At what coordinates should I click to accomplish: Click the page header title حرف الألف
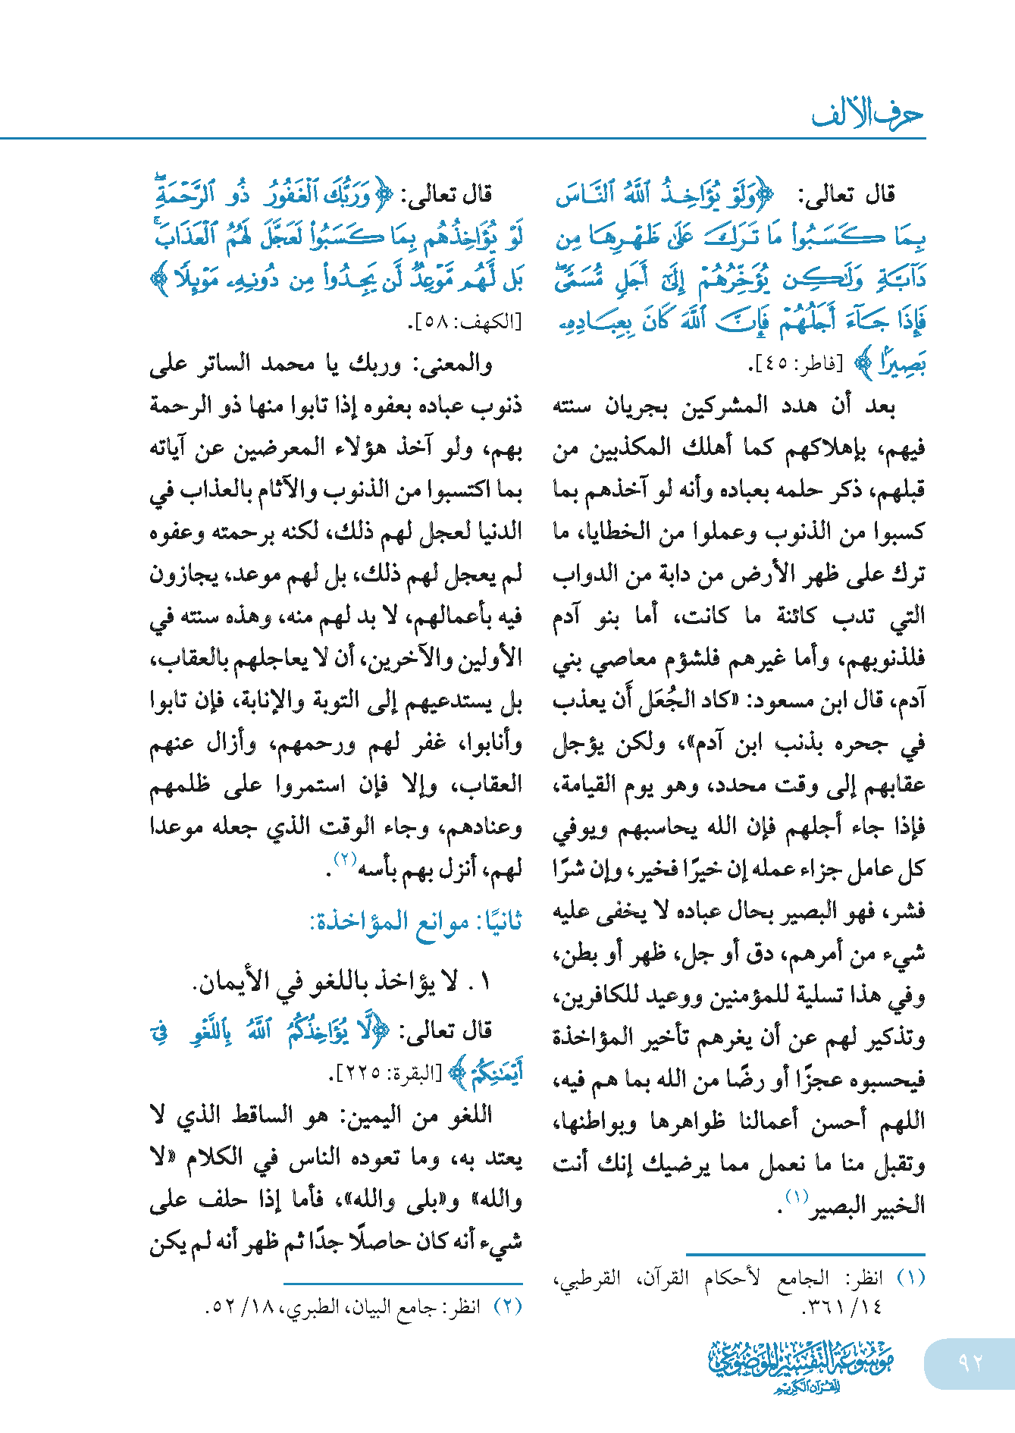coord(867,114)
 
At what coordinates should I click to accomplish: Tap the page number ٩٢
coord(970,1362)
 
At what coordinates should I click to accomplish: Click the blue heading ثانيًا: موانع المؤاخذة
coord(415,923)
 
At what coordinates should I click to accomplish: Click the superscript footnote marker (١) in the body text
coord(797,1196)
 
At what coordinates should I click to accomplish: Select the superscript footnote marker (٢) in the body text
coord(345,859)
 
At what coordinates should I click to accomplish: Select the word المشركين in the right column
coord(721,406)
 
